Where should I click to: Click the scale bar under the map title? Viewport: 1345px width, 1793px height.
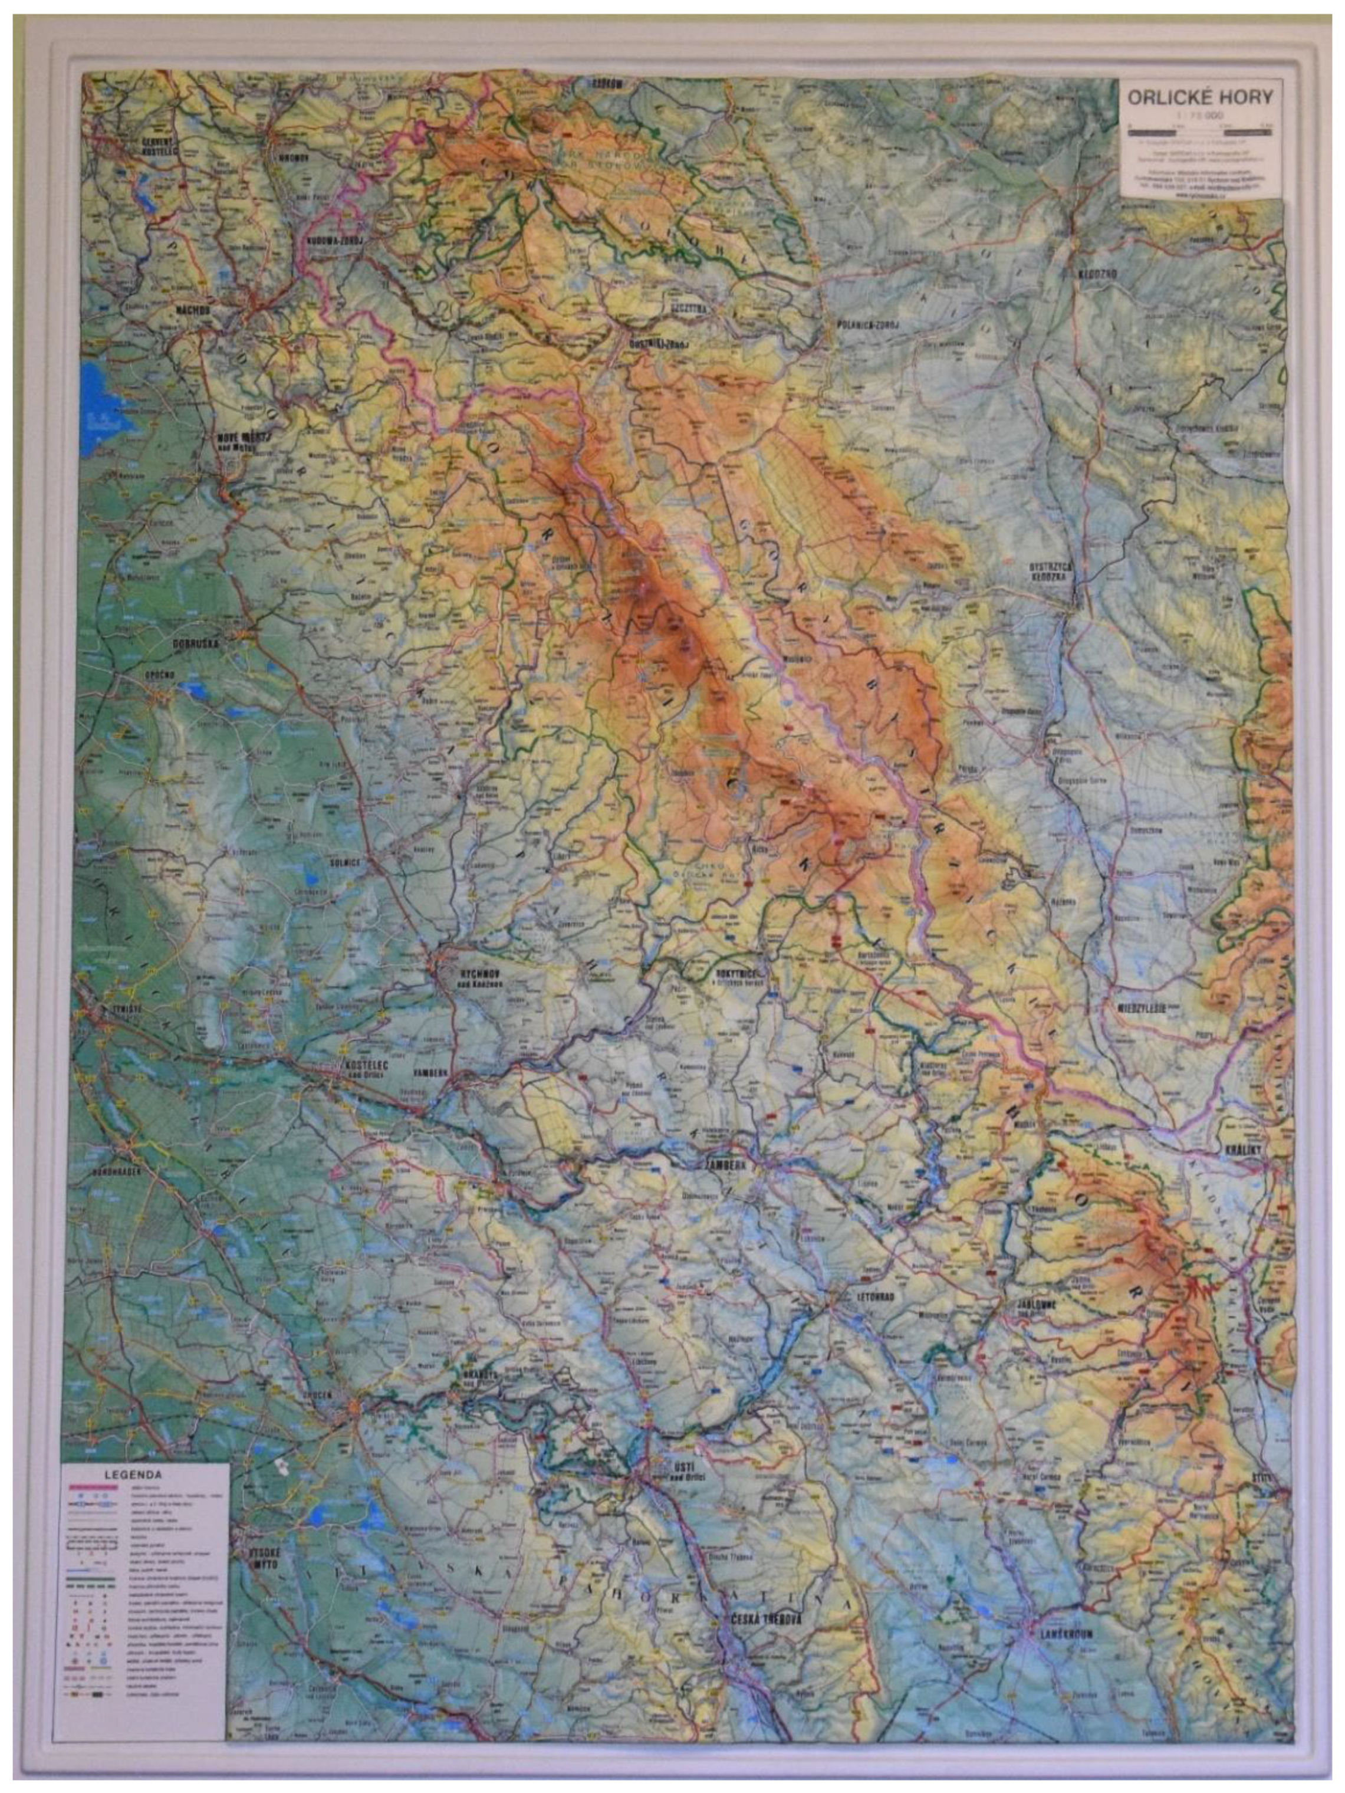pos(1199,128)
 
